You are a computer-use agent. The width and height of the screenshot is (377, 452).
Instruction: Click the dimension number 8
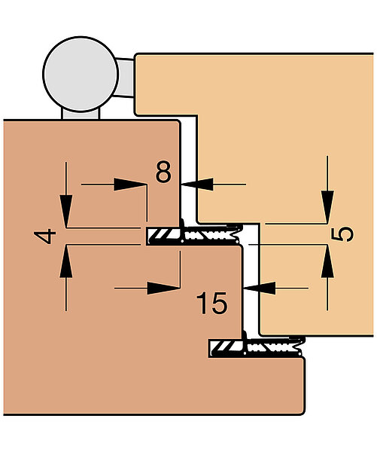(x=163, y=172)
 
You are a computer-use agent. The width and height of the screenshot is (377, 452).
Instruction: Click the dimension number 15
(x=212, y=303)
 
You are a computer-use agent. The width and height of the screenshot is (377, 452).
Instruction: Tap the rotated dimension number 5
(x=342, y=234)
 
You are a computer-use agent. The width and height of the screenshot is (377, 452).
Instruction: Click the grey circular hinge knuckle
(x=81, y=74)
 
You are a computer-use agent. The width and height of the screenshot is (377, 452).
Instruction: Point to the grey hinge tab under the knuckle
(x=81, y=114)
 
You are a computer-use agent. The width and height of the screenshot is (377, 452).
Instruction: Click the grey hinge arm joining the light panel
(x=125, y=78)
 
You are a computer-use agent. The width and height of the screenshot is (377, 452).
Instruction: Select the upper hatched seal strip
(x=164, y=236)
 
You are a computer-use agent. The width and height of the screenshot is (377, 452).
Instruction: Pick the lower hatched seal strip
(x=227, y=348)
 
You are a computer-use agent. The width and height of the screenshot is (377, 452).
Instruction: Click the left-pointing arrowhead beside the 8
(x=197, y=184)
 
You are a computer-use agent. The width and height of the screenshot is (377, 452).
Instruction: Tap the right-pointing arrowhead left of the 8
(x=130, y=185)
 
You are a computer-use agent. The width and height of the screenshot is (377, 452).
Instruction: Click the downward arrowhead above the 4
(x=66, y=211)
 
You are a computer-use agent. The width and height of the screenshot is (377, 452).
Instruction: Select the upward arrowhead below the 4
(x=66, y=261)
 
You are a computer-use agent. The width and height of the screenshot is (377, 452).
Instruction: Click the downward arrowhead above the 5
(x=327, y=206)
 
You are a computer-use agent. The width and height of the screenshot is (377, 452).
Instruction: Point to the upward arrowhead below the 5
(x=327, y=261)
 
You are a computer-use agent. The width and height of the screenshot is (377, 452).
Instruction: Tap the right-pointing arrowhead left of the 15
(x=163, y=288)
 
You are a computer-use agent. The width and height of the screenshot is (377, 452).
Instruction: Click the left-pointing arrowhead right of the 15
(x=260, y=288)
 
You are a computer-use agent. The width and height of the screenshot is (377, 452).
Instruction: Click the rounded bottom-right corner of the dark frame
(x=302, y=411)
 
